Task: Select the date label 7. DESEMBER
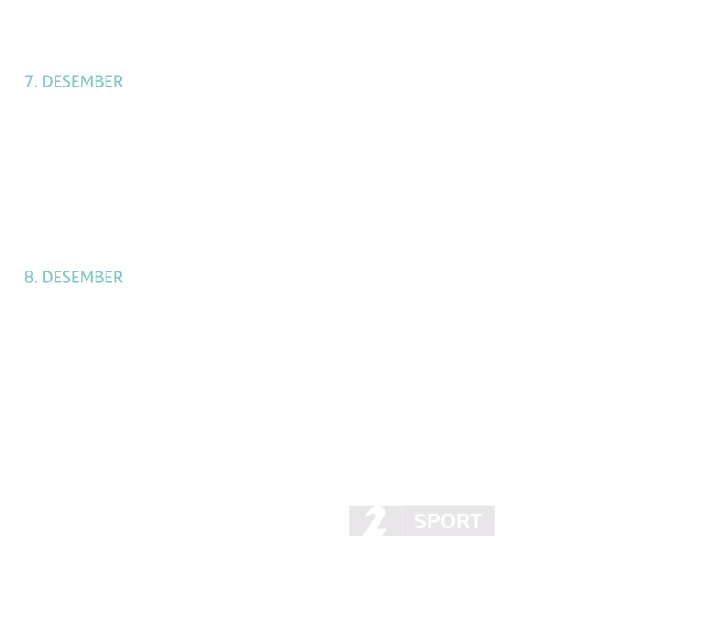coord(74,81)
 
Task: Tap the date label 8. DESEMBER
coord(74,277)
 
